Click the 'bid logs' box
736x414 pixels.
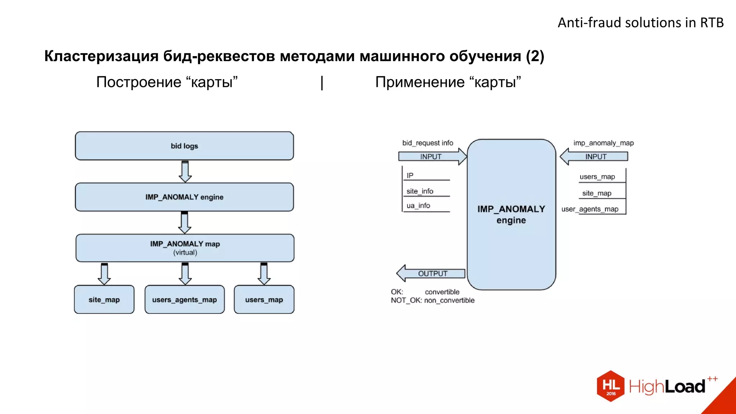184,146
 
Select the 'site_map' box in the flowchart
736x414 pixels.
104,299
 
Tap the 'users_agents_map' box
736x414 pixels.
184,299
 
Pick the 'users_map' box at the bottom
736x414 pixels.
264,299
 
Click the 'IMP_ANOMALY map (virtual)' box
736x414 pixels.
185,248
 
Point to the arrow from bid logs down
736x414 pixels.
185,172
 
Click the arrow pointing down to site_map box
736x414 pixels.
104,274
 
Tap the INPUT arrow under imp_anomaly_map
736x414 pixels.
594,157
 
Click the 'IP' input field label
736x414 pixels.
410,175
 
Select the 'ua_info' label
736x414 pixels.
418,206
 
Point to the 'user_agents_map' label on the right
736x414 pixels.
590,209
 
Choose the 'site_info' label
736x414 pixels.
420,191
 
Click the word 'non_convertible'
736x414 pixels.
449,300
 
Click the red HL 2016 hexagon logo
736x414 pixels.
611,386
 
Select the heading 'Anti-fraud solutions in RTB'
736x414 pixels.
640,23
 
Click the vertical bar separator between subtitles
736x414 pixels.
322,83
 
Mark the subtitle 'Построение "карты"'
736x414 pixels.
167,82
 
